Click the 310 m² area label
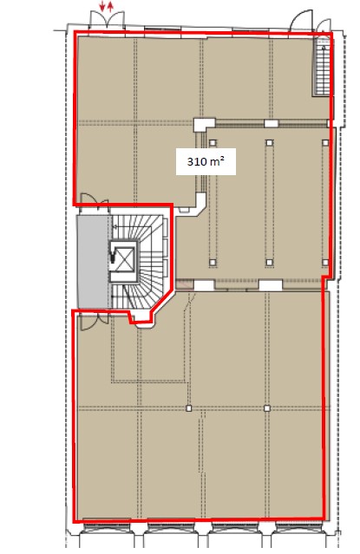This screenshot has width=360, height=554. point(206,162)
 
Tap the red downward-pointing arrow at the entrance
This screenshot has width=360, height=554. point(102,6)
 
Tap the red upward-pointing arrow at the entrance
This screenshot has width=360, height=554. point(111,6)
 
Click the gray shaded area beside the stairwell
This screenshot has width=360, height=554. point(93,262)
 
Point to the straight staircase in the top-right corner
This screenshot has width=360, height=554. point(322,67)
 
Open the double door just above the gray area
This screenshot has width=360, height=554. point(95,199)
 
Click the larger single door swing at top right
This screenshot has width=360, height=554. point(301,21)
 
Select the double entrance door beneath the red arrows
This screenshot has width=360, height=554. point(107,20)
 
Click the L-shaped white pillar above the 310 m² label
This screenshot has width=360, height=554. point(204,124)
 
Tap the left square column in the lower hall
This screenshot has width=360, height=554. point(189,408)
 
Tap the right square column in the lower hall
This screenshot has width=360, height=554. point(267,408)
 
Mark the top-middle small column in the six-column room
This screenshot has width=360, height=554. point(270,143)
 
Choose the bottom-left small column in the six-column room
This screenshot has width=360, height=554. point(213,262)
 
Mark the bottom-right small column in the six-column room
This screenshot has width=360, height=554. point(325,262)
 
